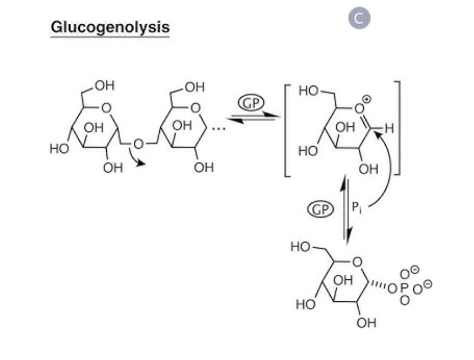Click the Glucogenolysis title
pos(110,27)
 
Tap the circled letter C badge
pos(359,18)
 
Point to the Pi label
pos(357,207)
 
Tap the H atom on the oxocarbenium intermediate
pos(390,128)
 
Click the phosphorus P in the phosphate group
pos(404,288)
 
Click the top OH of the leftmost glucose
pos(104,86)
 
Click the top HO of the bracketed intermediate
pos(308,91)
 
